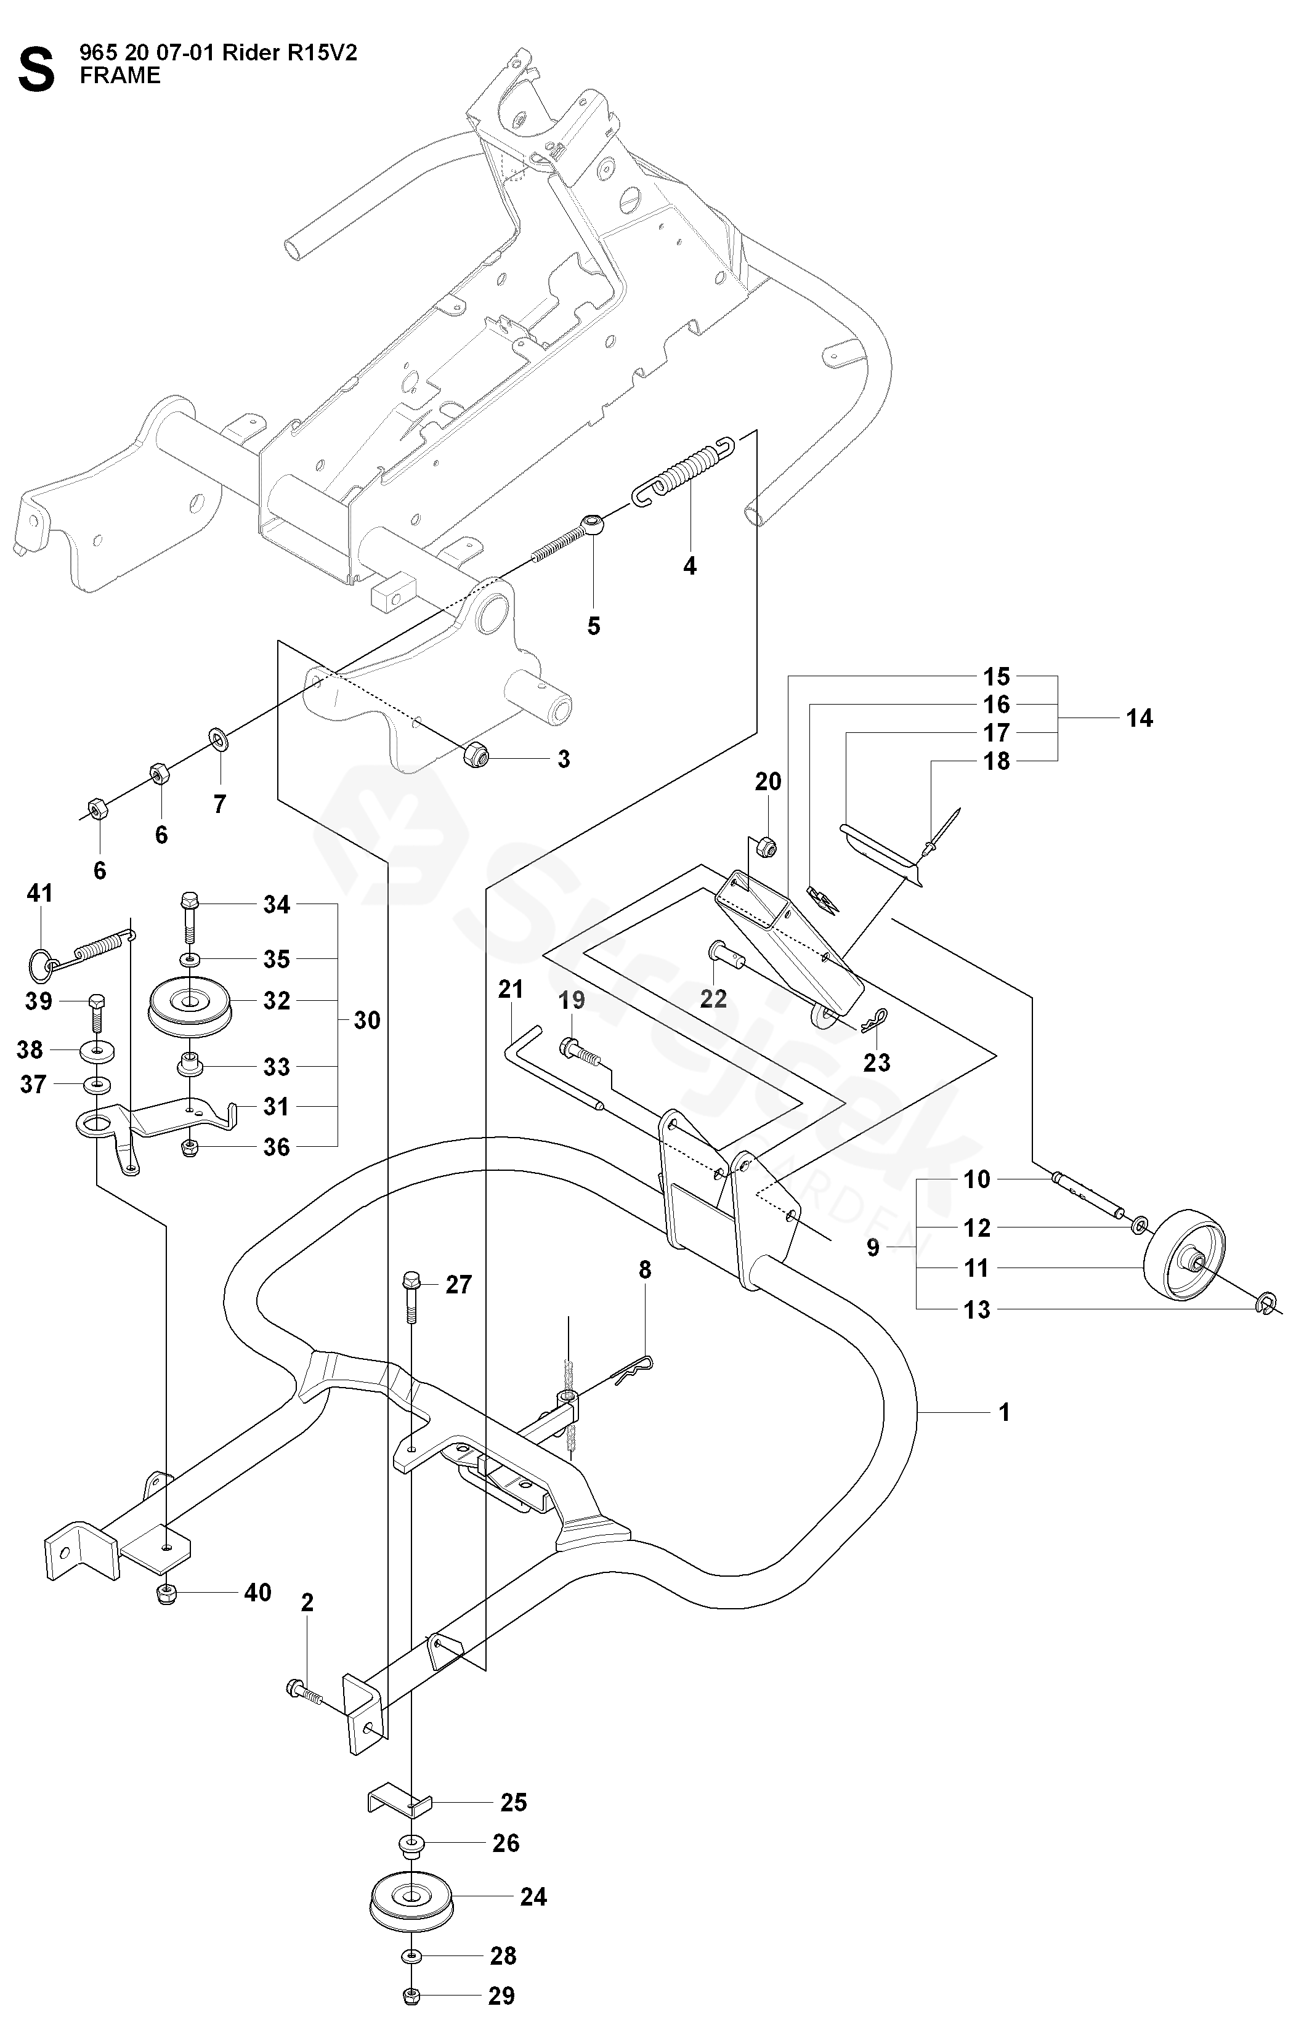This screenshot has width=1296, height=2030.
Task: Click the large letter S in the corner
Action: coord(36,70)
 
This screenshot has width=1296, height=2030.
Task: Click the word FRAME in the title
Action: coord(119,76)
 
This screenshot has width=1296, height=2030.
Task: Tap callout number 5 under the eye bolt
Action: coord(594,626)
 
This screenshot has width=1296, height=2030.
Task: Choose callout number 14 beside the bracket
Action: coord(1139,718)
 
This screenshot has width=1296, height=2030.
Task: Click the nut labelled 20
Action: coord(766,846)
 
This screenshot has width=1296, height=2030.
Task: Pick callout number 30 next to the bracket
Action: coord(367,1021)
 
